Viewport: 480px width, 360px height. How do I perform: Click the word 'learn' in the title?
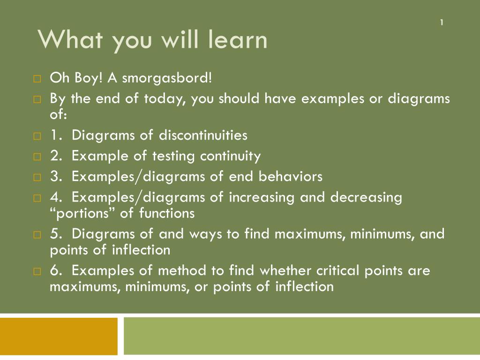pyautogui.click(x=238, y=39)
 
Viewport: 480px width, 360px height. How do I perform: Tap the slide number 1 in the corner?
pyautogui.click(x=442, y=22)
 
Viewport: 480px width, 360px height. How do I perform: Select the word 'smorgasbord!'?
pyautogui.click(x=167, y=78)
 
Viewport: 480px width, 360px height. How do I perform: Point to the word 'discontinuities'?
pyautogui.click(x=203, y=135)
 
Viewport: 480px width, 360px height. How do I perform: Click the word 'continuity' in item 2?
pyautogui.click(x=230, y=157)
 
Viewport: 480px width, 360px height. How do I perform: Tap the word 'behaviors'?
pyautogui.click(x=291, y=176)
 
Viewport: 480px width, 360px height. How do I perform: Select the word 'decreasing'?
pyautogui.click(x=366, y=198)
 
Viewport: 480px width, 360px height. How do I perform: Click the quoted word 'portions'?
pyautogui.click(x=82, y=213)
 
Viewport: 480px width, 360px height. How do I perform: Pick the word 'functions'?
pyautogui.click(x=167, y=213)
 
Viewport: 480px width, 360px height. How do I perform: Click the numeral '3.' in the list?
pyautogui.click(x=56, y=177)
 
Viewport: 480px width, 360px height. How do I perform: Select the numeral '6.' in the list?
pyautogui.click(x=56, y=270)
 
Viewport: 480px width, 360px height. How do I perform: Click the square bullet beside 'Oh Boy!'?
pyautogui.click(x=37, y=79)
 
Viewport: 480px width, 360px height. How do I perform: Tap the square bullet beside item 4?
pyautogui.click(x=37, y=198)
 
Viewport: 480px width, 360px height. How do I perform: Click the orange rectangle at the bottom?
pyautogui.click(x=59, y=336)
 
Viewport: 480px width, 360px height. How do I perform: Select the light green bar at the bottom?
pyautogui.click(x=302, y=336)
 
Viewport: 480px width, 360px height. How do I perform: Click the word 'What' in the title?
pyautogui.click(x=70, y=39)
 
